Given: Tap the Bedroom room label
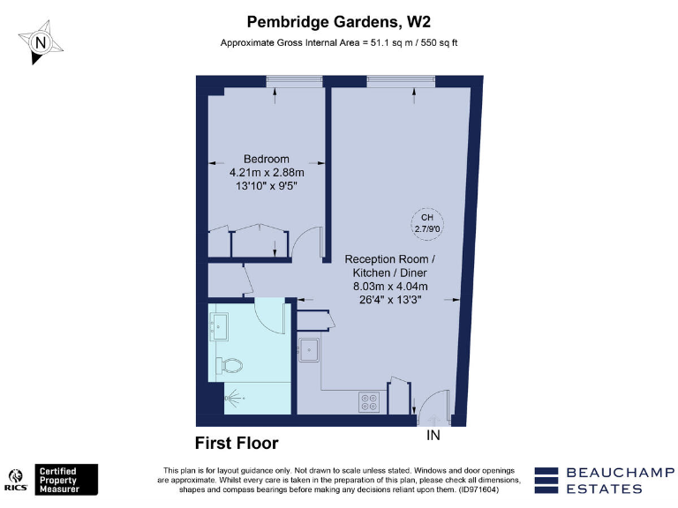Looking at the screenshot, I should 266,159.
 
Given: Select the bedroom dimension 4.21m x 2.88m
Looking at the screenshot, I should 266,172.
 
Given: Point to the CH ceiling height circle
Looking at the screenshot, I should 426,223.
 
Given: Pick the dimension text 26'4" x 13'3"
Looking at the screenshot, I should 389,299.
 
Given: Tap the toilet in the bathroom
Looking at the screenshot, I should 231,363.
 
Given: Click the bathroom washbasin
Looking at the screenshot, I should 218,328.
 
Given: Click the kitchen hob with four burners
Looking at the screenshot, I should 369,401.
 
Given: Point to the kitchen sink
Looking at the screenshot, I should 309,350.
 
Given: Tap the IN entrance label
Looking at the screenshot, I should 433,436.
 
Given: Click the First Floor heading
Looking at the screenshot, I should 236,443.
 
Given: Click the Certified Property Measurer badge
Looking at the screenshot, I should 66,480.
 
